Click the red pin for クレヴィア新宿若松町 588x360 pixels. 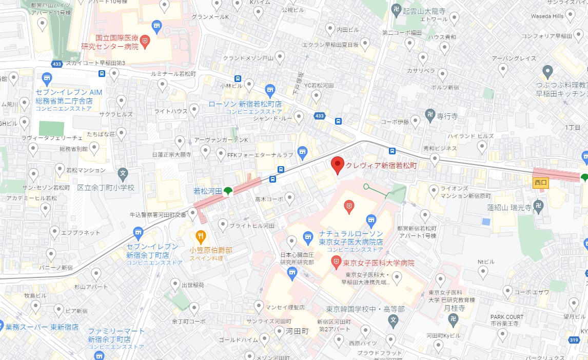[337, 165]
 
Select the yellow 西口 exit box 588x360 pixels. [541, 182]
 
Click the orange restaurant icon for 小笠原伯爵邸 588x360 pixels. [201, 236]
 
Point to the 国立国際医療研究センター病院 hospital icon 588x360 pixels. [145, 40]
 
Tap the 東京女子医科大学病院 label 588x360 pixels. [379, 263]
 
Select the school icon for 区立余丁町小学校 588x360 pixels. [123, 173]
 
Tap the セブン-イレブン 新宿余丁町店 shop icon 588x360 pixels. [138, 233]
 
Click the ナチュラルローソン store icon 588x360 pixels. [308, 236]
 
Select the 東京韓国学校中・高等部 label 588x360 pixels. [365, 309]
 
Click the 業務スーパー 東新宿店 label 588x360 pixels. [43, 327]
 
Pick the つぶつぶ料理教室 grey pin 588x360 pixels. [547, 71]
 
